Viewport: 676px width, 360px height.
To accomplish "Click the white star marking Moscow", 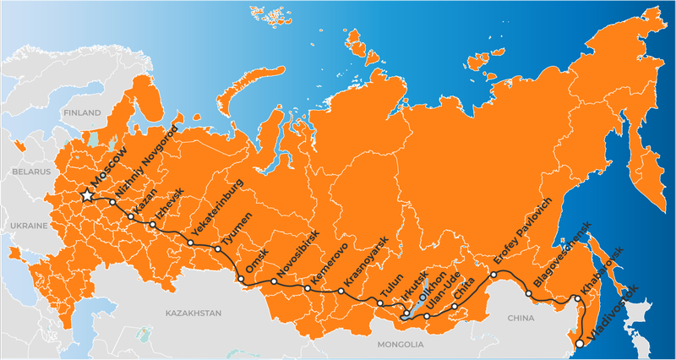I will (x=87, y=195).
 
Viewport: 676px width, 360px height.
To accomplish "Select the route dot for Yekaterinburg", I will (x=191, y=243).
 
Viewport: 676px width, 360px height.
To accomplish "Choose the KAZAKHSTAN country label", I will (x=193, y=313).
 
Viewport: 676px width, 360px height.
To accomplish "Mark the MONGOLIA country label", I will (x=400, y=345).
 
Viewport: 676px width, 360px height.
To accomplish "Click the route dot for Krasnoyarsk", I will (x=341, y=292).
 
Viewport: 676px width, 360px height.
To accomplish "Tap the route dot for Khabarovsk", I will (x=577, y=298).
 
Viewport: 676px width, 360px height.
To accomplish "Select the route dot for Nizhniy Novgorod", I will (x=112, y=202).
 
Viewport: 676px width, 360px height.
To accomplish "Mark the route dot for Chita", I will (x=455, y=307).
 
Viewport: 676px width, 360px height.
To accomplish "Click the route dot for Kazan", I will (x=131, y=217).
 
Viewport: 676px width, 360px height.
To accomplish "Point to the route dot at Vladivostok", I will (x=580, y=344).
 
